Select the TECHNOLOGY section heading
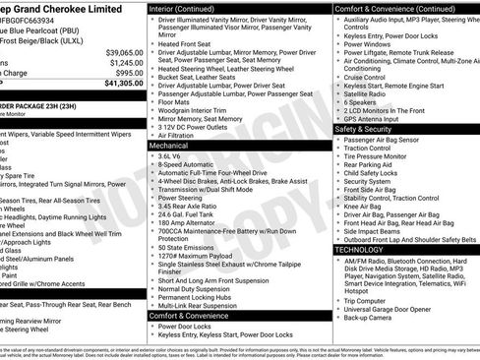pyautogui.click(x=359, y=250)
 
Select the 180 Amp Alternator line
pyautogui.click(x=189, y=223)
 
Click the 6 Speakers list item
pyautogui.click(x=361, y=101)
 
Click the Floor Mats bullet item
pyautogui.click(x=175, y=100)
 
